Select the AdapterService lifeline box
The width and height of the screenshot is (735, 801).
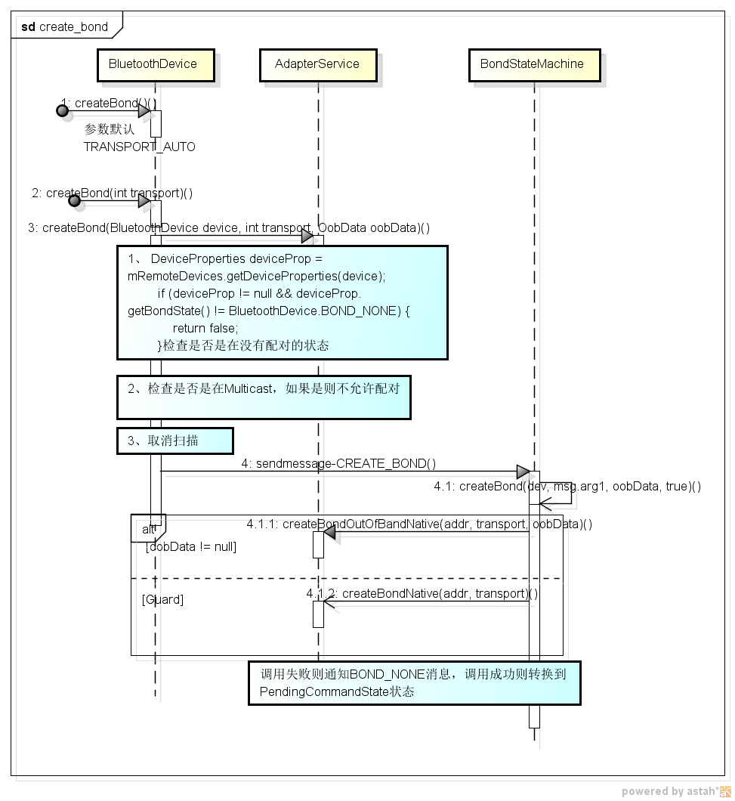(x=317, y=64)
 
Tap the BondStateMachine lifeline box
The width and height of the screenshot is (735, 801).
(x=533, y=64)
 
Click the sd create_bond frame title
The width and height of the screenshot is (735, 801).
(x=65, y=26)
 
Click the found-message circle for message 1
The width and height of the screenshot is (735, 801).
(x=63, y=111)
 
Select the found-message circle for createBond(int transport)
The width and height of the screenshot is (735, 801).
(x=74, y=201)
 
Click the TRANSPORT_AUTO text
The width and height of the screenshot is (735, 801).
(x=139, y=147)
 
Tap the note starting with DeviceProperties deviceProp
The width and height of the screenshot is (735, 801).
(x=282, y=302)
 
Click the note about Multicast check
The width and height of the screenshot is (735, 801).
(x=264, y=397)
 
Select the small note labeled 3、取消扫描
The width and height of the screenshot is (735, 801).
(x=174, y=441)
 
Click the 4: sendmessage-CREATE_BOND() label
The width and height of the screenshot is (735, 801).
(x=338, y=463)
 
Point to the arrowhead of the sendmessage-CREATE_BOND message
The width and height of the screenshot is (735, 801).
(x=523, y=472)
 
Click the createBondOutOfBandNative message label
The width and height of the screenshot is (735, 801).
(x=418, y=524)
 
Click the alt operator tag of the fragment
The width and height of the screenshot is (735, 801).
(x=148, y=530)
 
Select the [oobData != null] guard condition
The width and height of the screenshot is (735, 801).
(x=190, y=546)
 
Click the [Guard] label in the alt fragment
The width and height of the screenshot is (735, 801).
(x=162, y=599)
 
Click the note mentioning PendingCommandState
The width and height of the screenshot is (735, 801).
(x=414, y=682)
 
